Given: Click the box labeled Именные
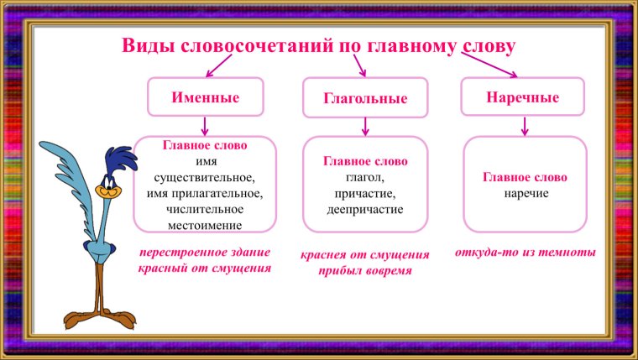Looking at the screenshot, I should (206, 97).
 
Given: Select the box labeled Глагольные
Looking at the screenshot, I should (365, 98).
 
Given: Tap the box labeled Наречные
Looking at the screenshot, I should (523, 97).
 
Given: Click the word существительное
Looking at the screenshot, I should (205, 179).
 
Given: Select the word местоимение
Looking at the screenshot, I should (205, 225).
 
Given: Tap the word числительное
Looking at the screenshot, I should (205, 210).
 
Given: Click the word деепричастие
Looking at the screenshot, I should (365, 209).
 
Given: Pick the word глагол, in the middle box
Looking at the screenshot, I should (365, 177).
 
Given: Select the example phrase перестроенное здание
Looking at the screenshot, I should (205, 252).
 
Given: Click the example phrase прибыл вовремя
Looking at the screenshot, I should (365, 271).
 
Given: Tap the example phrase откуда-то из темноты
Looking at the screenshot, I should (526, 252).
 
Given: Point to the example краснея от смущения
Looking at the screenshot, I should (365, 254).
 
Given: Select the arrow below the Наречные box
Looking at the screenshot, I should (525, 126).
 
